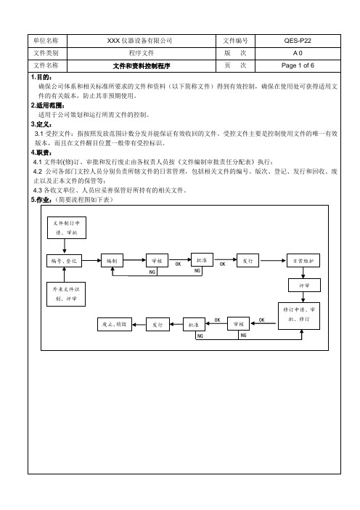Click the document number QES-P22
298,41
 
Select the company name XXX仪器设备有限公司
139,41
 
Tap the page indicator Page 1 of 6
298,65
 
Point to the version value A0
298,53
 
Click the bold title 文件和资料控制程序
142,66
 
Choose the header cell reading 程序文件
142,53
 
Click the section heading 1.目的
41,77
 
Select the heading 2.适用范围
48,105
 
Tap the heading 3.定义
41,124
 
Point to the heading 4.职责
41,153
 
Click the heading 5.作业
41,200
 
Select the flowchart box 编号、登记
64,261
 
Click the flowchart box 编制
112,261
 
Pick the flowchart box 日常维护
303,261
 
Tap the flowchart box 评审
304,286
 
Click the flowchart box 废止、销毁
115,324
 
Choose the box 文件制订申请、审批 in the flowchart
67,227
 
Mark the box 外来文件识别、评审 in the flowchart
66,294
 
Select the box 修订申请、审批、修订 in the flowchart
299,316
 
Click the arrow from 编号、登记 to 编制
91,260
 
